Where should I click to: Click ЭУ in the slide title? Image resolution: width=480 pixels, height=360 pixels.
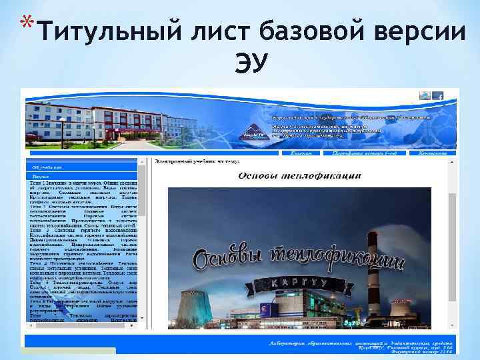coord(250,63)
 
